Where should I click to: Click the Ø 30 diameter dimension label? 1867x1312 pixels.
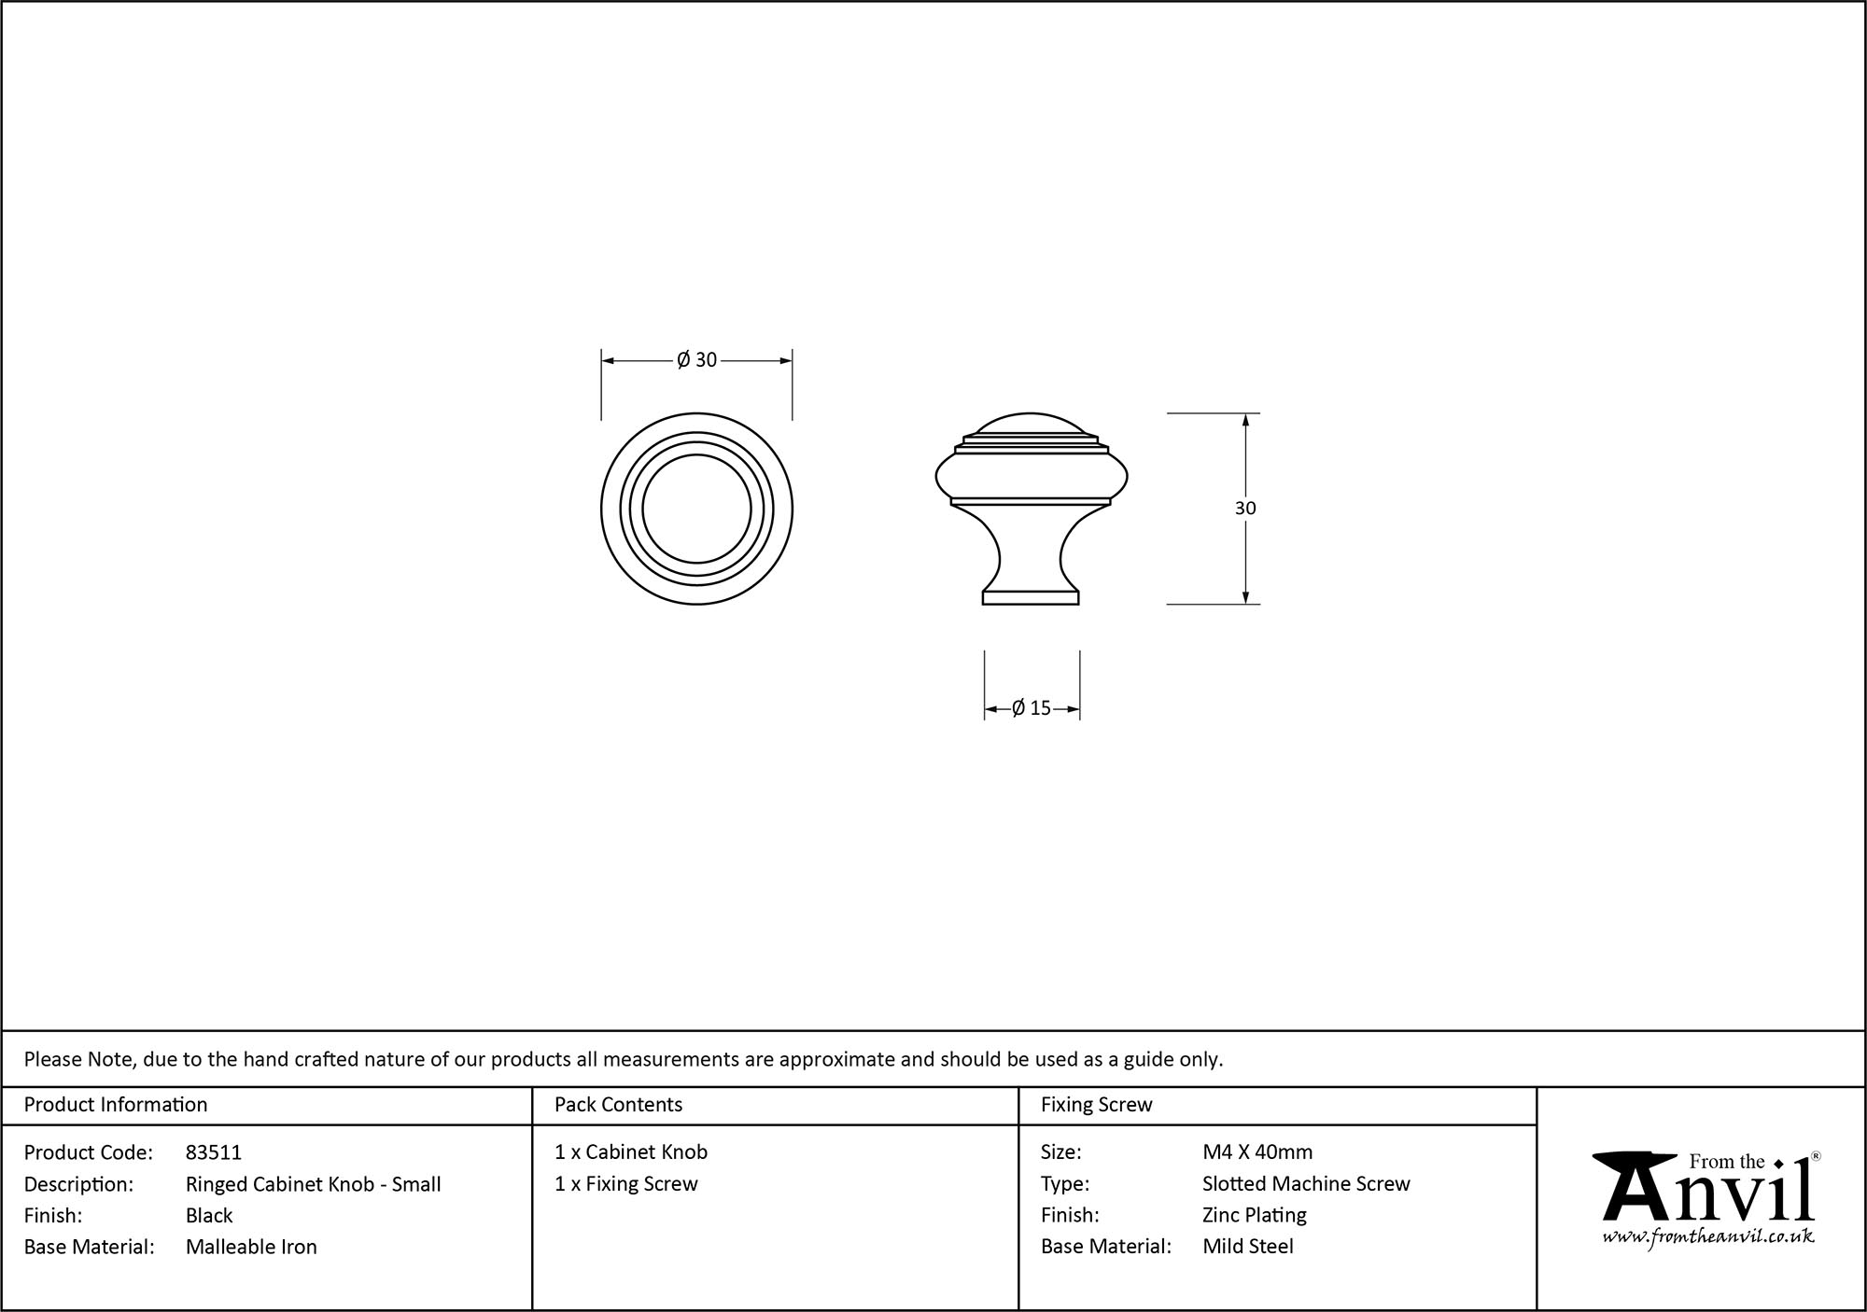click(x=697, y=360)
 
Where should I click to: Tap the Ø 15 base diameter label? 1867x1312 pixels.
click(x=1032, y=708)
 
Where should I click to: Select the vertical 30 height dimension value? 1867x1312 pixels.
click(x=1245, y=509)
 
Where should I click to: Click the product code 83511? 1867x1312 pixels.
click(x=213, y=1152)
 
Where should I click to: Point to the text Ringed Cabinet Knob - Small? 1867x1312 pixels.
click(x=313, y=1184)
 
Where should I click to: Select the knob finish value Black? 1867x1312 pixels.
click(x=209, y=1215)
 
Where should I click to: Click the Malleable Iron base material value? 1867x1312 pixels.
click(x=251, y=1247)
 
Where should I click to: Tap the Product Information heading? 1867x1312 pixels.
click(x=116, y=1105)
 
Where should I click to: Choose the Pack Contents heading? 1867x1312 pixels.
click(x=618, y=1105)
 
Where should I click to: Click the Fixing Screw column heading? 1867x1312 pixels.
click(x=1096, y=1105)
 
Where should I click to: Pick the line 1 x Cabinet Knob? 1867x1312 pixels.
click(x=631, y=1152)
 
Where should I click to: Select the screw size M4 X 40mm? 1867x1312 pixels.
click(x=1257, y=1152)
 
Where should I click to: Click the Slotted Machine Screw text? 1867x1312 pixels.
click(x=1306, y=1184)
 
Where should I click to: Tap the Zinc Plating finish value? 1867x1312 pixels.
click(x=1254, y=1215)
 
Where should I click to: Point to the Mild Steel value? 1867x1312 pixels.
click(x=1248, y=1247)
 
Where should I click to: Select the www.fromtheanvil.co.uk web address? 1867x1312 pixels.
click(x=1708, y=1236)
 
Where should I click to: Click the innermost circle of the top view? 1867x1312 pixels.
click(x=696, y=509)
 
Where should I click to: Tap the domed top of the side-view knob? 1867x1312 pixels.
click(x=1031, y=425)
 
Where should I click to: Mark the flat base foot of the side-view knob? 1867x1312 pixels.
click(x=1031, y=597)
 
